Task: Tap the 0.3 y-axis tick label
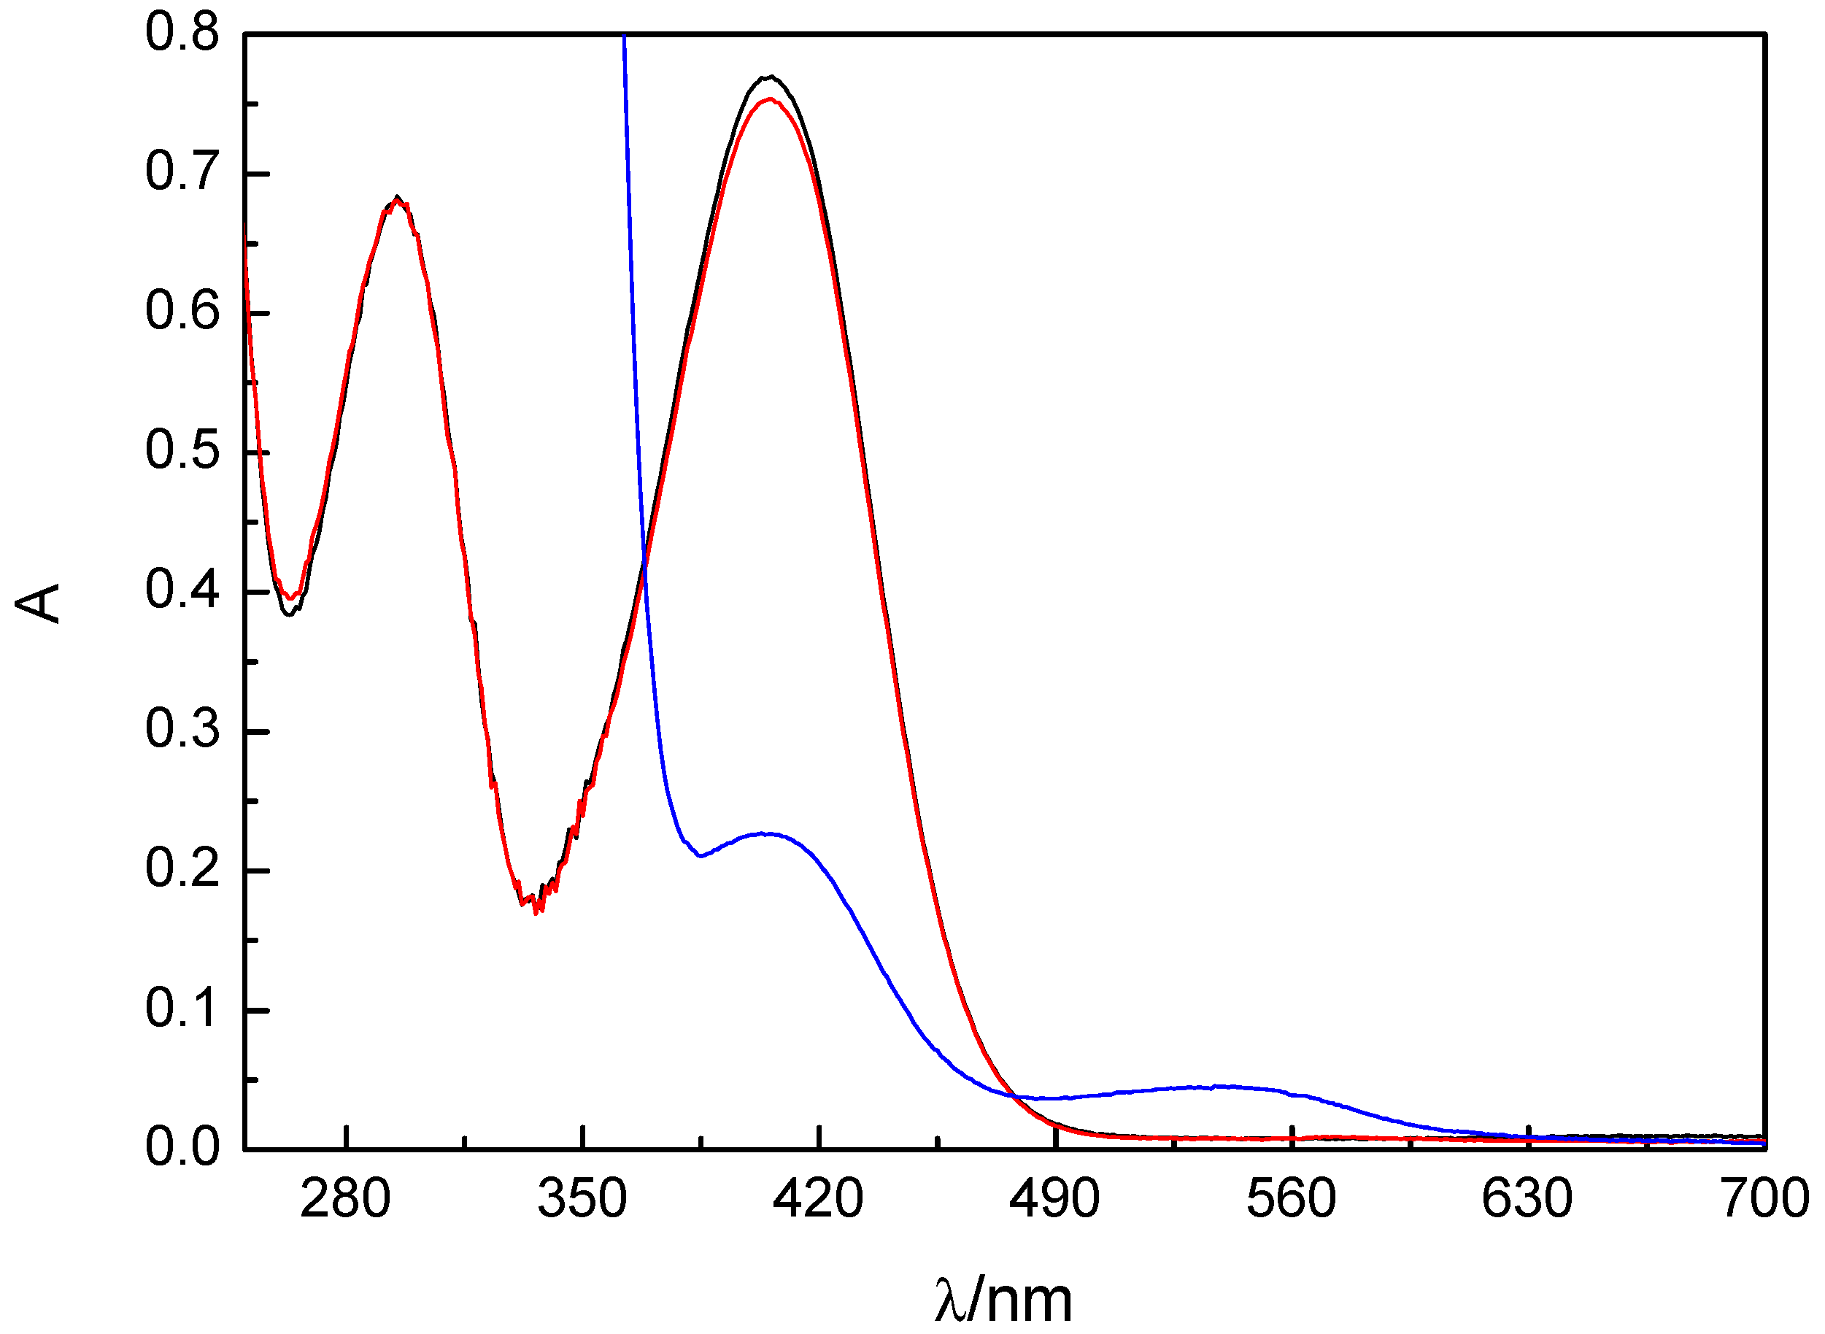pos(182,729)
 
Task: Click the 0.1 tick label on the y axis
pos(182,1008)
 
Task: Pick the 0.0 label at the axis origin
pos(182,1147)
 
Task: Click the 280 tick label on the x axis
pos(346,1199)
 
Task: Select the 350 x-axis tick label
pos(582,1199)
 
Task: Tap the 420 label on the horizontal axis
pos(818,1199)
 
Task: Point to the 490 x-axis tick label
pos(1054,1199)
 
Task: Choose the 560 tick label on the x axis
pos(1292,1199)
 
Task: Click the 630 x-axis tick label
pos(1528,1199)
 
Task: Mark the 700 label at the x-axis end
pos(1765,1199)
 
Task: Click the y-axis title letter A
pos(38,604)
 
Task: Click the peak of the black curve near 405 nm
pos(771,77)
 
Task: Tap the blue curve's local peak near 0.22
pos(763,833)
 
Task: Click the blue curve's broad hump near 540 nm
pos(1219,1087)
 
